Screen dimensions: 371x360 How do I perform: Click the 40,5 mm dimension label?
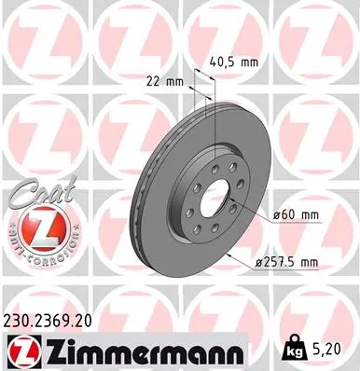(x=236, y=63)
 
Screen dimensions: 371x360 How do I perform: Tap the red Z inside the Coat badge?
(x=35, y=227)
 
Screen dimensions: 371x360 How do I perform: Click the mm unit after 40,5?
(x=251, y=63)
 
